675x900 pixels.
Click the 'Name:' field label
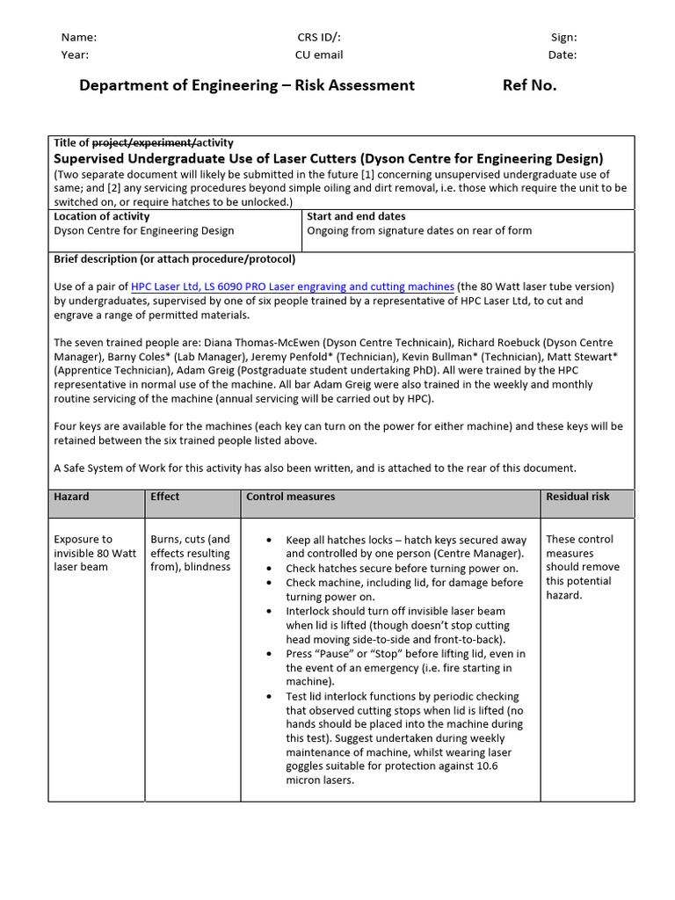78,37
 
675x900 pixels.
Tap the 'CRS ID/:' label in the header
319,37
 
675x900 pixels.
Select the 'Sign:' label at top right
563,37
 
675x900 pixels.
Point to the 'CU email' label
319,54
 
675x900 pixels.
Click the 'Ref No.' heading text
529,85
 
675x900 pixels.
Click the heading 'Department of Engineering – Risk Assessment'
247,85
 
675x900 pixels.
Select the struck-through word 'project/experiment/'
144,142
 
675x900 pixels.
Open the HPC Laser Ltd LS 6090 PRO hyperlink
293,287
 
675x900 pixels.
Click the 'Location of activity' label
102,216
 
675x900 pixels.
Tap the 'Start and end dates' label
356,216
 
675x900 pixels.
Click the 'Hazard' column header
71,497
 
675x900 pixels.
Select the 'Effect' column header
164,497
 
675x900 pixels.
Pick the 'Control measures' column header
290,497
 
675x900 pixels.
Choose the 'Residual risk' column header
577,497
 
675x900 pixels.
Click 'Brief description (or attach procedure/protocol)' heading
175,259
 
